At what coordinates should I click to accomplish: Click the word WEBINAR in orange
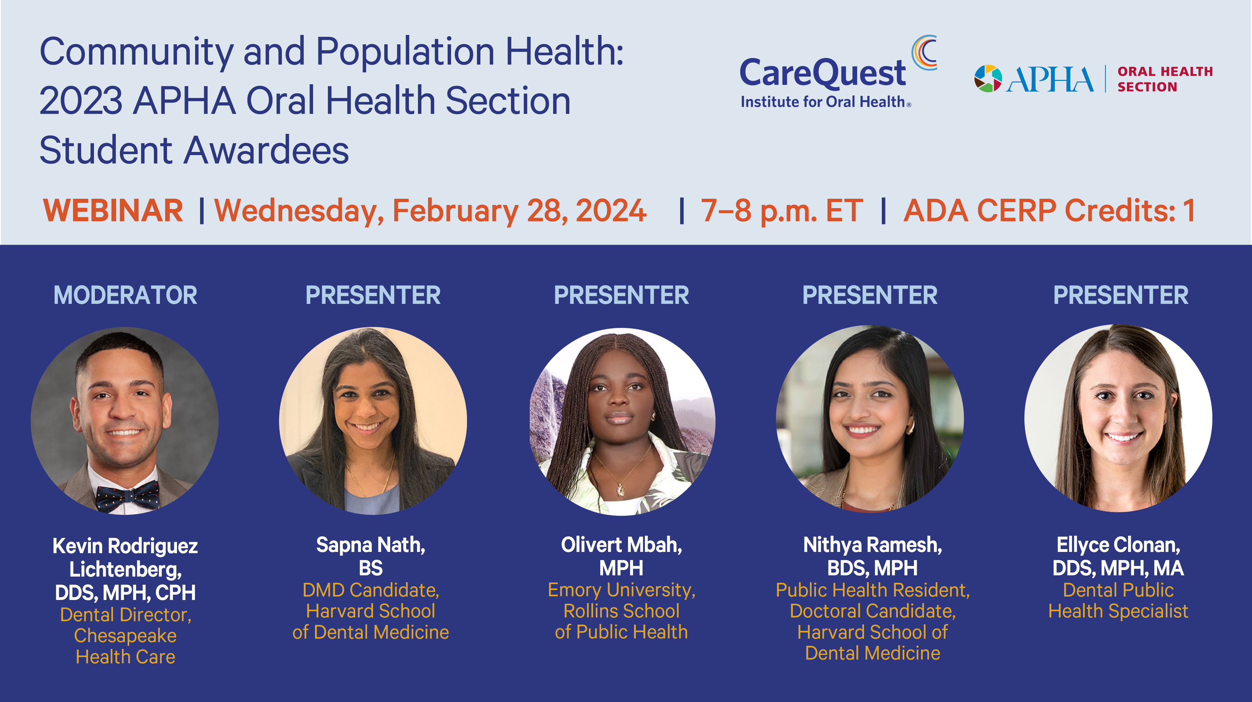click(113, 211)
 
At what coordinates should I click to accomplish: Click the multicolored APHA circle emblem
click(988, 79)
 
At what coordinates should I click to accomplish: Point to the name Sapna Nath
click(370, 545)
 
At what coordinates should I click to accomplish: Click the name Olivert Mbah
click(621, 545)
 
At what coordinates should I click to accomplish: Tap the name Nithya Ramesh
click(872, 545)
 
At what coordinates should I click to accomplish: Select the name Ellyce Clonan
click(1118, 545)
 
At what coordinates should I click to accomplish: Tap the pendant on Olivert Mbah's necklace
click(621, 490)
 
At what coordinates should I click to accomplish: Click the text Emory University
click(621, 590)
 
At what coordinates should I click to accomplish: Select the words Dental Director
click(125, 615)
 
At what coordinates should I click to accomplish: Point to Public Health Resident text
click(872, 590)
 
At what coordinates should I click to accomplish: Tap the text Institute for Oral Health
click(822, 102)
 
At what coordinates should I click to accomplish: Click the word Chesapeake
click(125, 636)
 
